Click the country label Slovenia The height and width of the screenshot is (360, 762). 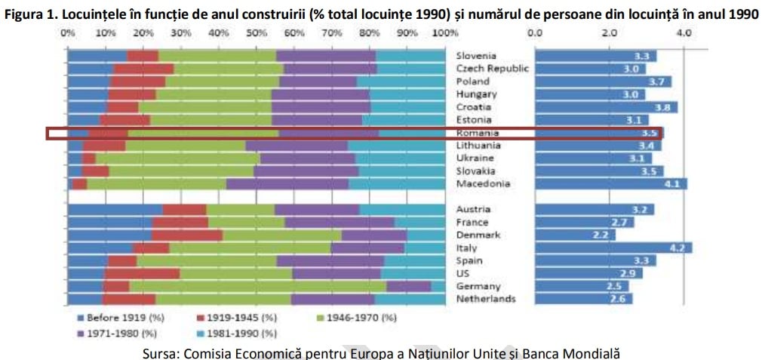coord(476,56)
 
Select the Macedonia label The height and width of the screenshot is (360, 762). coord(483,183)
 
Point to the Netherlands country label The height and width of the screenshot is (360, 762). coord(486,299)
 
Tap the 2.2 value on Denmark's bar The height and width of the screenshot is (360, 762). coord(601,235)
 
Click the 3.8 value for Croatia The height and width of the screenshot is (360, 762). coord(665,107)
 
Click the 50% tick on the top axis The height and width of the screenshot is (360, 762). coord(257,33)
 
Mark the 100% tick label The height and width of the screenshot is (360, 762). coord(446,33)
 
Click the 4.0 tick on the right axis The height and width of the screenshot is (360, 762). coord(684,33)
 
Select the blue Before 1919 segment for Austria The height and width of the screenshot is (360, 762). coord(115,210)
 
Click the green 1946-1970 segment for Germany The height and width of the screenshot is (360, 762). coord(257,286)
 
